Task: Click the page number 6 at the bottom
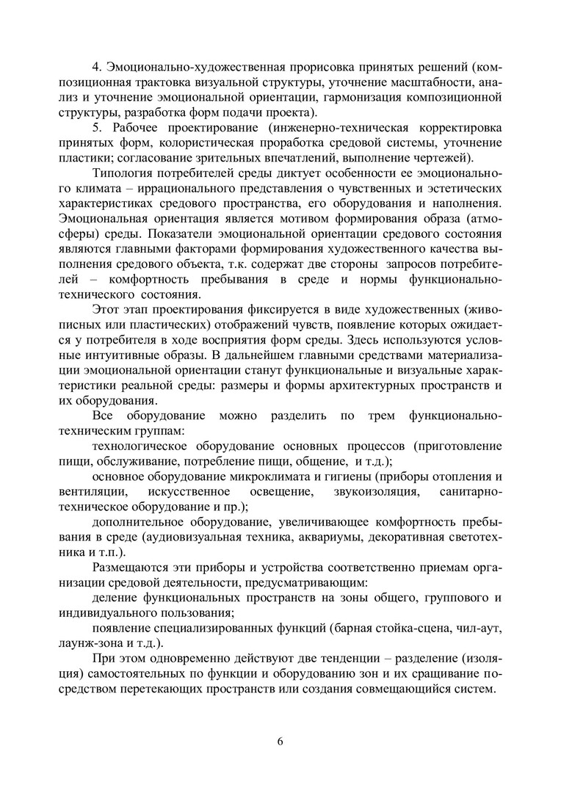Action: pos(280,740)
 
